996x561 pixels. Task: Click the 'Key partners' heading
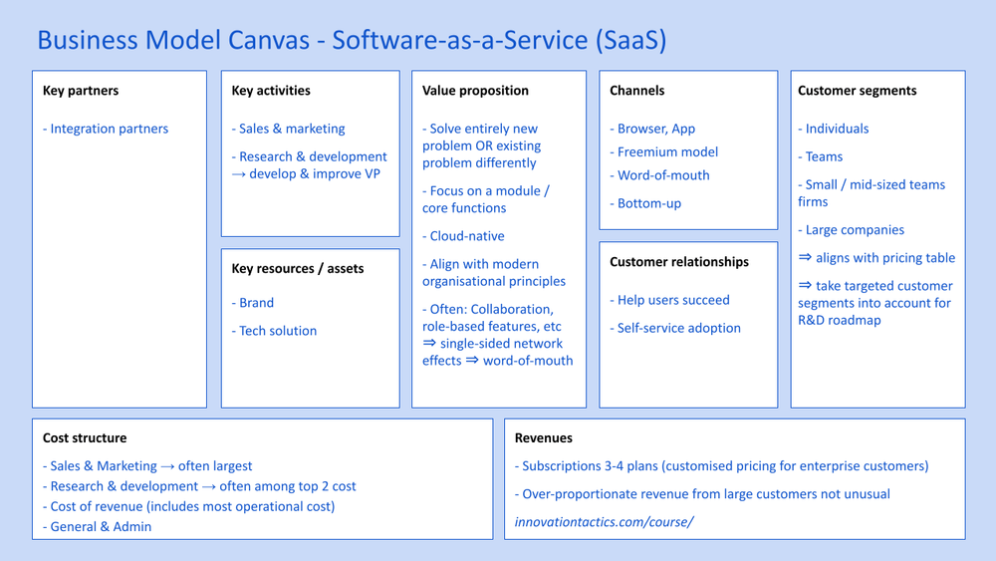point(81,91)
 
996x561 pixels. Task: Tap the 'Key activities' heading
point(271,91)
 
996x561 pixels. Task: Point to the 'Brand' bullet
point(256,303)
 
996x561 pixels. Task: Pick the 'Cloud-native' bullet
point(466,236)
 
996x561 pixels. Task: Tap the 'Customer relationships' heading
point(679,262)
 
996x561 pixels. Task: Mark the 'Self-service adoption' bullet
point(678,328)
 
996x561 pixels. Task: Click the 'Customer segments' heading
point(858,91)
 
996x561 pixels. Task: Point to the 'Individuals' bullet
point(837,129)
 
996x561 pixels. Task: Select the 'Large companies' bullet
point(855,230)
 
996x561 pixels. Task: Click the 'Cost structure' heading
point(85,437)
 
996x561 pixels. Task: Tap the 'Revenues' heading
point(544,437)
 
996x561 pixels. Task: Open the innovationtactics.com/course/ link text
point(604,521)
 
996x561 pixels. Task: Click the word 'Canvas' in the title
point(273,40)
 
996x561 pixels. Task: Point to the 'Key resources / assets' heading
point(298,268)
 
